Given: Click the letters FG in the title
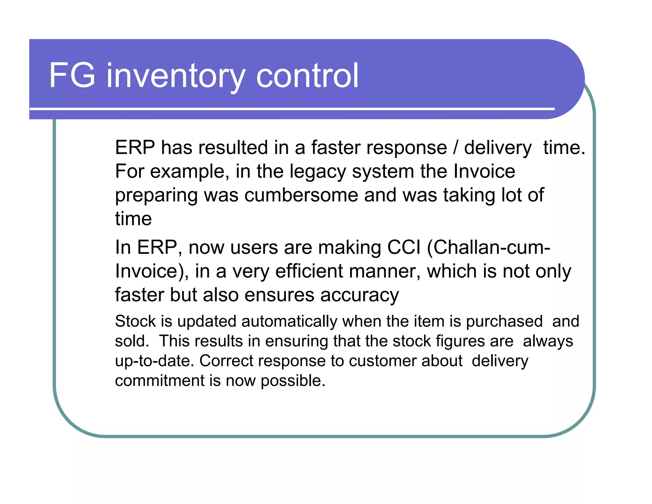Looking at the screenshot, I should click(x=72, y=76).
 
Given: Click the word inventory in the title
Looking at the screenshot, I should click(x=175, y=76).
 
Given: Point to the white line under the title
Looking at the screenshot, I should click(x=292, y=109).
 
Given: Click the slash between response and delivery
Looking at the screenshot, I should click(x=456, y=148).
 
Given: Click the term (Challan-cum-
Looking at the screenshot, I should click(x=488, y=247).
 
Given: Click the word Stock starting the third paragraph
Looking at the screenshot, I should click(x=136, y=321).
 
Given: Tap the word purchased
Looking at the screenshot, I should click(x=504, y=321).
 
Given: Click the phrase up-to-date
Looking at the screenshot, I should click(x=155, y=361).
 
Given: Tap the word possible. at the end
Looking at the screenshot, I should click(x=293, y=381).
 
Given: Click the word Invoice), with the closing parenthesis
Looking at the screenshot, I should click(x=152, y=271).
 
